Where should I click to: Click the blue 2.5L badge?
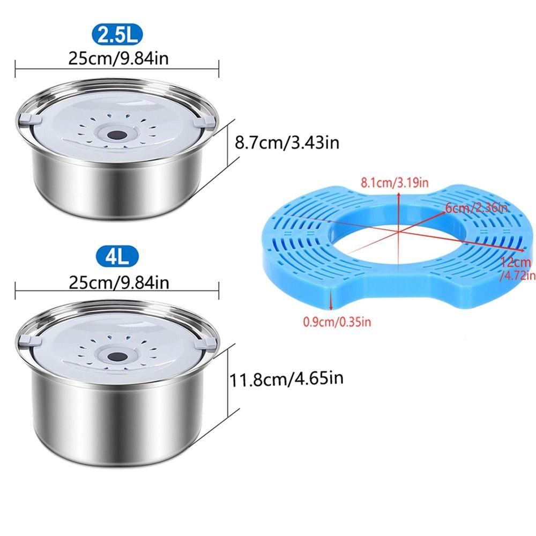118,36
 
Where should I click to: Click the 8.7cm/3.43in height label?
287,144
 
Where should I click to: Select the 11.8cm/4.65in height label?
286,379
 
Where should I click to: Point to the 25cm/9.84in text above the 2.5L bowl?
118,58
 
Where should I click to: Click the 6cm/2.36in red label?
472,207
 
